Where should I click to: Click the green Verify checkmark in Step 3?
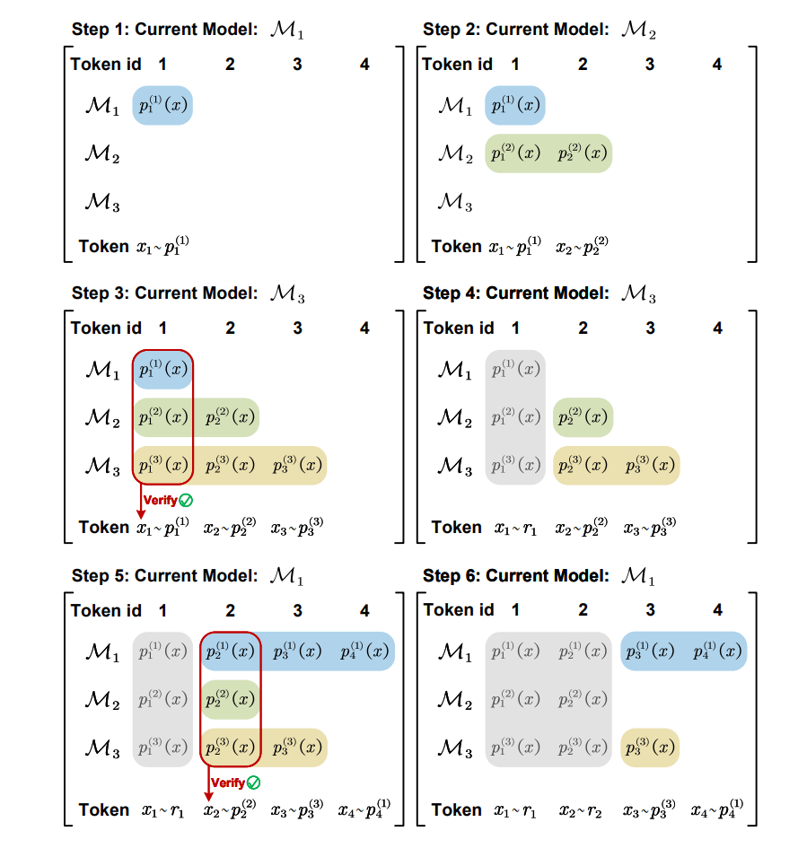coord(186,500)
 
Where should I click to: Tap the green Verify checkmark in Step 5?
coord(254,783)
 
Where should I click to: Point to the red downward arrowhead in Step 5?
coord(208,797)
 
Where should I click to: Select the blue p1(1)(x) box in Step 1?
coord(162,106)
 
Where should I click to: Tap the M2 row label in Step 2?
coord(454,153)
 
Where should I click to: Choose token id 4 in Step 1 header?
coord(364,64)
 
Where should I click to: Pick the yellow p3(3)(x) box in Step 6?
coord(650,748)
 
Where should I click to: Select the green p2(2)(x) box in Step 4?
coord(583,417)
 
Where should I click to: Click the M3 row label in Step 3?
coord(101,466)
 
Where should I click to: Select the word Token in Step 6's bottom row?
coord(457,810)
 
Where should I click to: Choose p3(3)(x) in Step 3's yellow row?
coord(297,466)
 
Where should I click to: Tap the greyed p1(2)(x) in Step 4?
coord(514,417)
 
